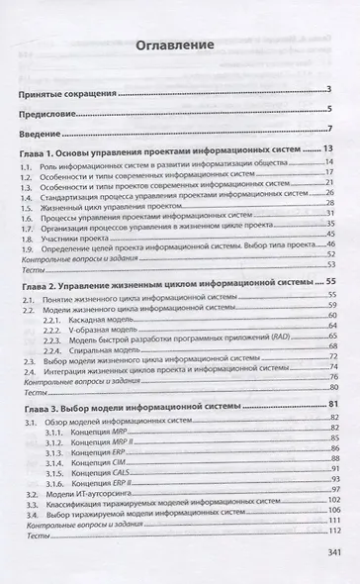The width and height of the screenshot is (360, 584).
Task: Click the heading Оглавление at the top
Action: point(180,46)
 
